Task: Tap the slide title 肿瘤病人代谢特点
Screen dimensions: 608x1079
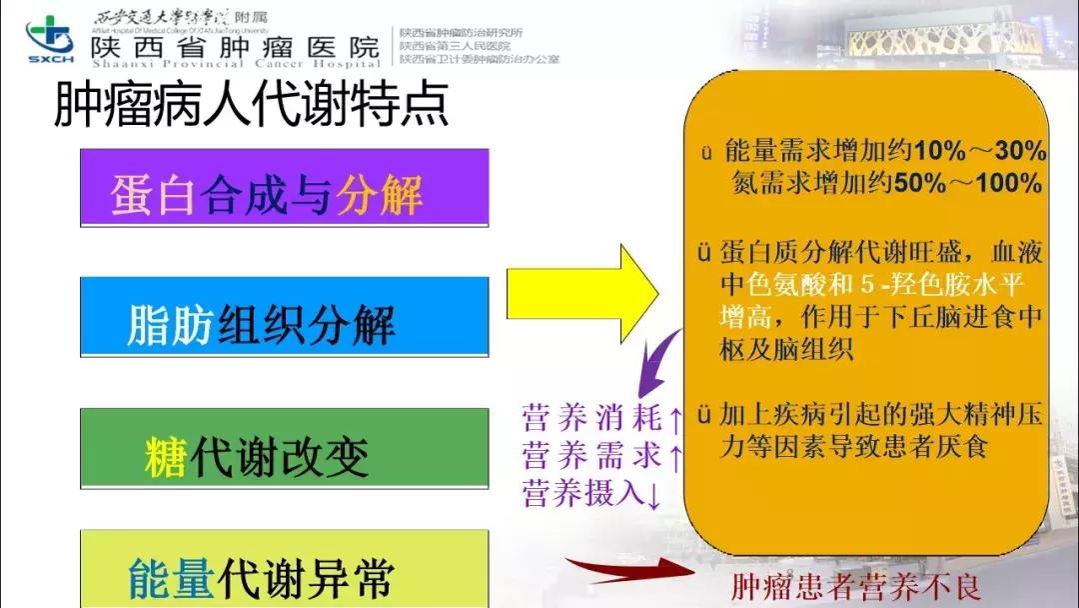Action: coord(251,105)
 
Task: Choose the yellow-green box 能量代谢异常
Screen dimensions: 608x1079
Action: coord(285,575)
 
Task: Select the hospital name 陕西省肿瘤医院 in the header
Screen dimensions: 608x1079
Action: coord(235,46)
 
